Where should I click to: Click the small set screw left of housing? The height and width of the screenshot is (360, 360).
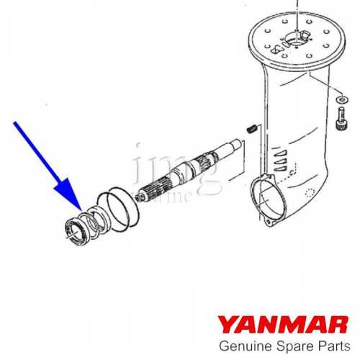tap(251, 129)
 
